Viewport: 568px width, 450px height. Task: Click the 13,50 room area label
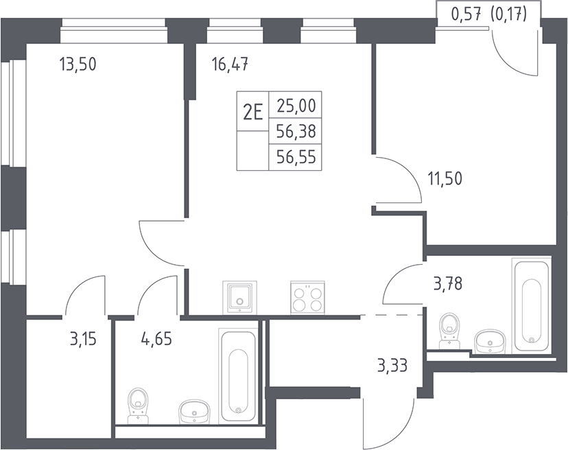click(78, 64)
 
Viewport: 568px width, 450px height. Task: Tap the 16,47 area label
click(230, 64)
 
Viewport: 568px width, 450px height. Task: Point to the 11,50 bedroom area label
click(445, 179)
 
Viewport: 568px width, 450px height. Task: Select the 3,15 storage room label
click(83, 340)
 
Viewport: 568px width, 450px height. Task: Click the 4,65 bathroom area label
click(156, 340)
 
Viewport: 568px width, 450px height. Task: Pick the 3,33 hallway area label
click(392, 365)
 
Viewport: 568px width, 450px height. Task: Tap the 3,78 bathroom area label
click(448, 283)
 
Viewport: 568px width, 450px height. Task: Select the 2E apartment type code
click(252, 113)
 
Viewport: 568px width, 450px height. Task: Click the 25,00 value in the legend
click(296, 106)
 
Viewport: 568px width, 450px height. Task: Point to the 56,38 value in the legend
click(296, 131)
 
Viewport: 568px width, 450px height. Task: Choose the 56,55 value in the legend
click(296, 157)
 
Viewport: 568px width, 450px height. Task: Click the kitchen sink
click(239, 297)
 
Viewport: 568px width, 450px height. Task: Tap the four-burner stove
click(307, 298)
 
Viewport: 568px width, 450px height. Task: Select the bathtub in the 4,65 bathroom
click(238, 375)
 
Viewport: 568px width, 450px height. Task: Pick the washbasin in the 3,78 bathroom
click(488, 340)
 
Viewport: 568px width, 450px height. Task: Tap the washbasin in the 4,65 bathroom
click(194, 412)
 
